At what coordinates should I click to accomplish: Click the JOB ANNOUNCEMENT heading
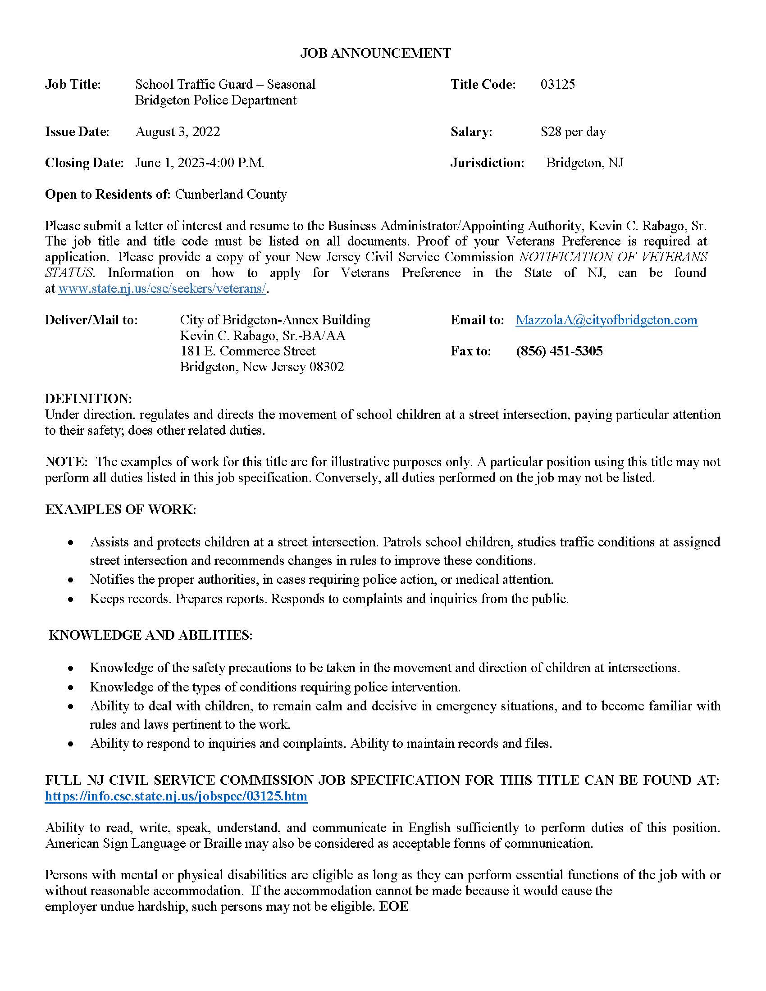pyautogui.click(x=375, y=53)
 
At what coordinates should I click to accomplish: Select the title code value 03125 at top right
pyautogui.click(x=558, y=84)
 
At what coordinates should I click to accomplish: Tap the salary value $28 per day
pyautogui.click(x=573, y=132)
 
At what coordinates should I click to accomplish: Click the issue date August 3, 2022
pyautogui.click(x=178, y=132)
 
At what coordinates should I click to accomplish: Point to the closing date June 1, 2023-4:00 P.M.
pyautogui.click(x=200, y=163)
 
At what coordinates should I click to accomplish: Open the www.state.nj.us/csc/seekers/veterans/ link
pyautogui.click(x=162, y=289)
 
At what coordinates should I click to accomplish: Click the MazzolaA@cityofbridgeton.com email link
pyautogui.click(x=606, y=320)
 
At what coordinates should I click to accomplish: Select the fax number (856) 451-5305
pyautogui.click(x=559, y=351)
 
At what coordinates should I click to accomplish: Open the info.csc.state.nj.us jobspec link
pyautogui.click(x=176, y=796)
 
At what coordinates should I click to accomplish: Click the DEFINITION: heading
pyautogui.click(x=88, y=398)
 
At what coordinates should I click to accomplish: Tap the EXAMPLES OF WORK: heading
pyautogui.click(x=121, y=509)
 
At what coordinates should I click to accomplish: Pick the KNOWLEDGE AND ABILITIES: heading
pyautogui.click(x=150, y=635)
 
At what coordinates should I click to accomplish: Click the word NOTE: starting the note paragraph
pyautogui.click(x=66, y=462)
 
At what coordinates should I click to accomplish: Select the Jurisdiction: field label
pyautogui.click(x=488, y=163)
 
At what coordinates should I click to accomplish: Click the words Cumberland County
pyautogui.click(x=231, y=194)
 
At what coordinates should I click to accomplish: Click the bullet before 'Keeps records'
pyautogui.click(x=70, y=599)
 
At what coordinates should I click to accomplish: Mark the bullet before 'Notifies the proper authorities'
pyautogui.click(x=70, y=580)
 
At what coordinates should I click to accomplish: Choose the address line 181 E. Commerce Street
pyautogui.click(x=248, y=351)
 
